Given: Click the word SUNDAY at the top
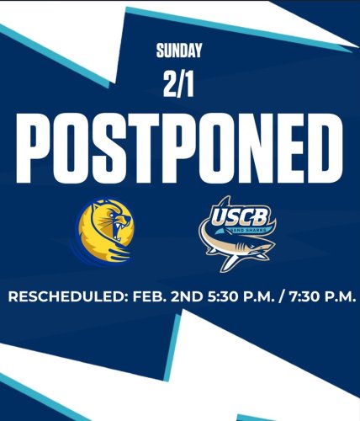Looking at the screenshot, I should (180, 51).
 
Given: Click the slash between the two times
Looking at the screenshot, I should (269, 297).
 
